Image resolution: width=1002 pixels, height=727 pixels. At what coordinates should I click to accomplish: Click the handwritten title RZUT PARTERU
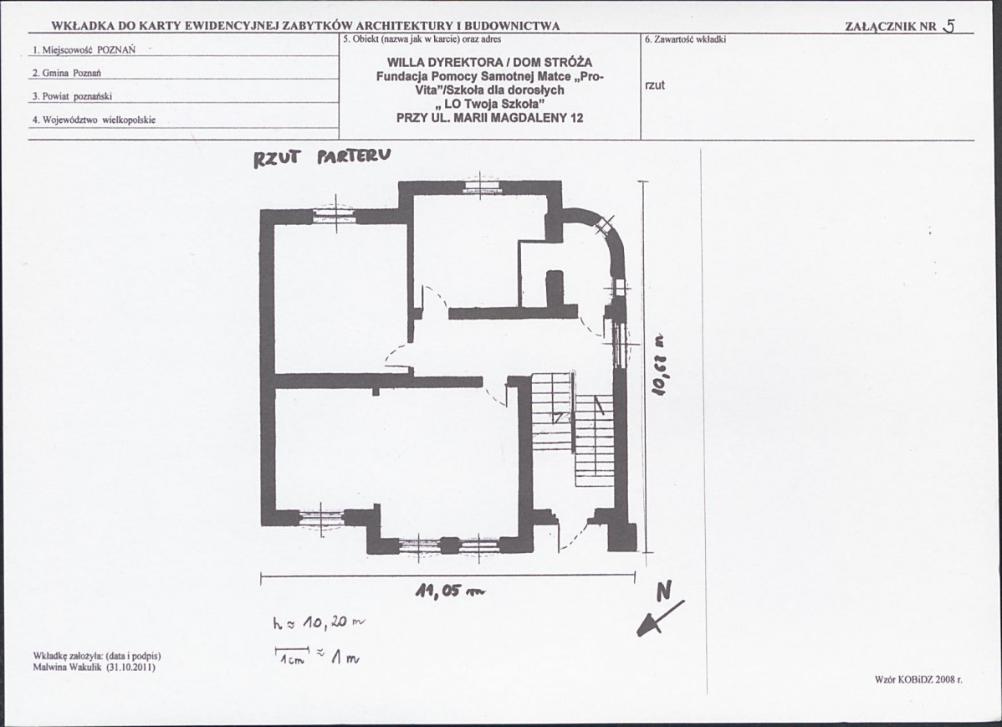(x=321, y=157)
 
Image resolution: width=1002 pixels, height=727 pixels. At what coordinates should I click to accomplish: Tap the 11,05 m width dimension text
(x=451, y=591)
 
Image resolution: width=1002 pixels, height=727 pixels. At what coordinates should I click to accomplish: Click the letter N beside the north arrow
(x=664, y=591)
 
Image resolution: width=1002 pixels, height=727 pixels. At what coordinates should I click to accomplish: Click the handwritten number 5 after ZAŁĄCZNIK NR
(x=948, y=25)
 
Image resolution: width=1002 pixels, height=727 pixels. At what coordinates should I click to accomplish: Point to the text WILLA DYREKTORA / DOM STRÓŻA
(x=489, y=63)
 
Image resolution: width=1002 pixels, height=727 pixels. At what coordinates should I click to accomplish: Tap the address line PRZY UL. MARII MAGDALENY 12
(x=489, y=118)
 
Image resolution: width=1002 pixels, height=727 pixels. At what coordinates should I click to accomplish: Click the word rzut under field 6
(x=654, y=85)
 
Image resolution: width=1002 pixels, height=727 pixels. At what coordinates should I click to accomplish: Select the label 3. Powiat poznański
(x=72, y=96)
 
